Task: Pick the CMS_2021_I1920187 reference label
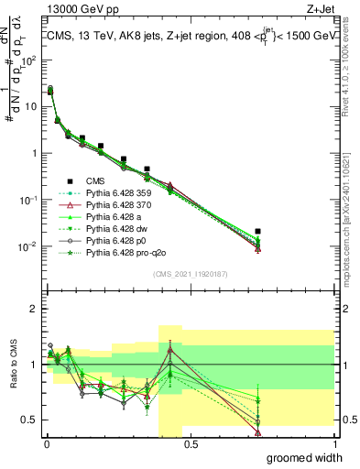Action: coord(190,273)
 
